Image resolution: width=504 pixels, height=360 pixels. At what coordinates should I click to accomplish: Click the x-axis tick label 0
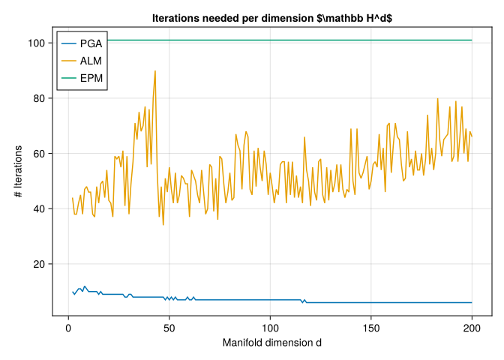pos(68,327)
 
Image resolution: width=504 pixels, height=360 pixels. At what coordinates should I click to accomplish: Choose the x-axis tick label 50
pos(169,327)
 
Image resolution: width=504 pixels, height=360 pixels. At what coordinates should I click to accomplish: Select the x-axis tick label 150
pos(371,327)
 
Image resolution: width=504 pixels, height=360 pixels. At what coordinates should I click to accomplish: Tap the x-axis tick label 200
pos(472,327)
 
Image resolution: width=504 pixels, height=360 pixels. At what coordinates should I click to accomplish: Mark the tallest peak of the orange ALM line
pos(154,71)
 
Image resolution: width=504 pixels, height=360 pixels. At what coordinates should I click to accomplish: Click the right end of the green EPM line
pos(472,40)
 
